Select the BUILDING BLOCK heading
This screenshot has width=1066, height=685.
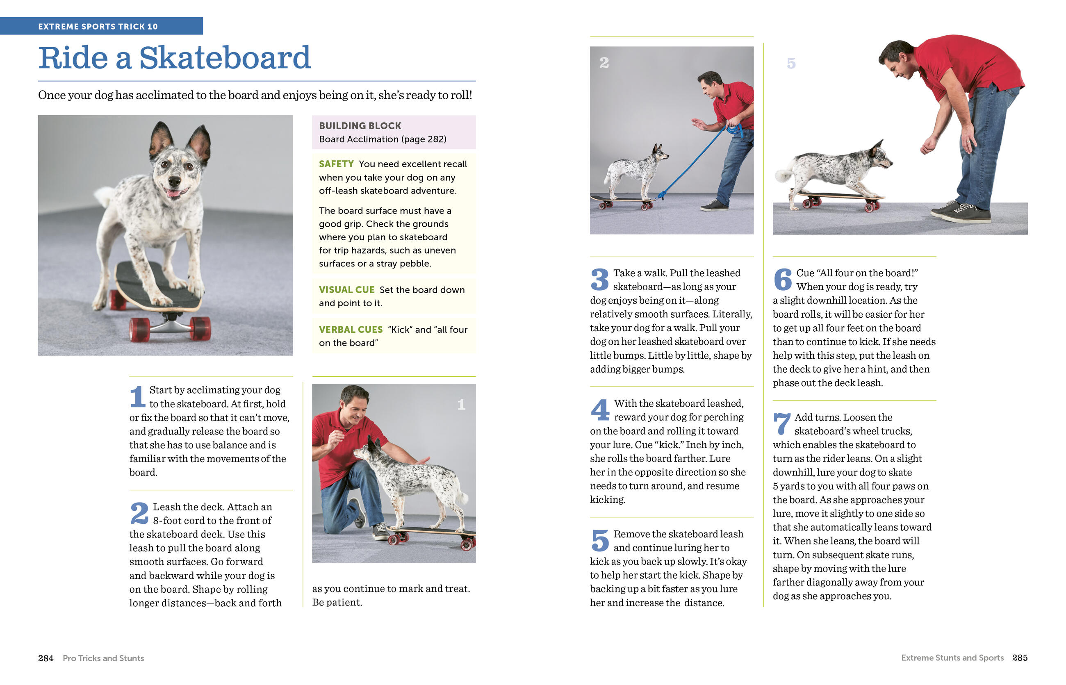360,126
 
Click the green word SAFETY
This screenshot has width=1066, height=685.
336,164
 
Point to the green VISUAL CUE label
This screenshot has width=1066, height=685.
346,289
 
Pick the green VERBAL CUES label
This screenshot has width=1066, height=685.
351,330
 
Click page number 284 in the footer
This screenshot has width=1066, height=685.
46,658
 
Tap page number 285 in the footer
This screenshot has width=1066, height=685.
1019,658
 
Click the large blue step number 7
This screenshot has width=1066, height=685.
781,423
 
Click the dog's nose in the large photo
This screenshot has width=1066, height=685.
174,181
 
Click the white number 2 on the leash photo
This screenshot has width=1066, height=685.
604,63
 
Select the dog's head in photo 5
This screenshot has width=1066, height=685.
881,156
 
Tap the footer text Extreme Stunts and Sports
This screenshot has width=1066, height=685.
952,658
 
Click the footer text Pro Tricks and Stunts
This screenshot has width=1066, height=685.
103,658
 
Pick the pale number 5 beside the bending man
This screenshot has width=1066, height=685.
790,63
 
